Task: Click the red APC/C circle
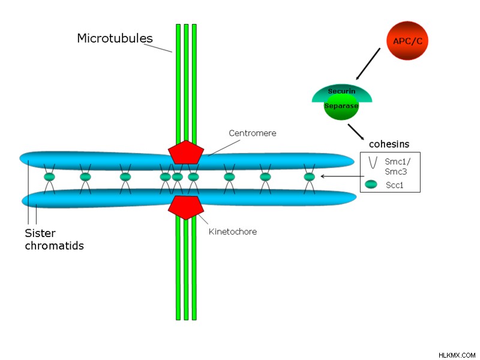(x=407, y=41)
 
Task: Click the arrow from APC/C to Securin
(x=368, y=64)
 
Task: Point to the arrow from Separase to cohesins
(x=356, y=131)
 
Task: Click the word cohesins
(x=389, y=144)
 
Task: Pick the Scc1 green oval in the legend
(x=371, y=184)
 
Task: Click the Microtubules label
(x=115, y=38)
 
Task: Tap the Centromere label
(x=253, y=133)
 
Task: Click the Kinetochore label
(x=233, y=232)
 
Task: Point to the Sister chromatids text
(x=54, y=239)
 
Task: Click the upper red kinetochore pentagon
(x=186, y=152)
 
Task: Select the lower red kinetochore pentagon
(x=186, y=208)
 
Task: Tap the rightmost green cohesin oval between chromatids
(x=309, y=176)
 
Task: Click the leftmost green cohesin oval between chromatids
(x=49, y=176)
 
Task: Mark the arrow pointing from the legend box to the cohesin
(x=342, y=176)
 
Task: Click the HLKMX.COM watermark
(x=457, y=355)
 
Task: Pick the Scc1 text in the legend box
(x=395, y=185)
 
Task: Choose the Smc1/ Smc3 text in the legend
(x=397, y=167)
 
